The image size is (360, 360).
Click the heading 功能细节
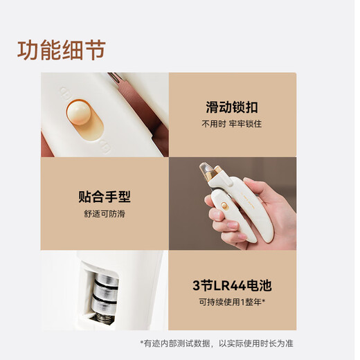62,50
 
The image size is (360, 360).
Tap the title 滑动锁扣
232,107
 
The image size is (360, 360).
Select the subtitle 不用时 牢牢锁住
232,124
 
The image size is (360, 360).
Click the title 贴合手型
105,197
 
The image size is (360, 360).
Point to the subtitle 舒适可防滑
105,214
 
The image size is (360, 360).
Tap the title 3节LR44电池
232,285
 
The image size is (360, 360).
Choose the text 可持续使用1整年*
232,302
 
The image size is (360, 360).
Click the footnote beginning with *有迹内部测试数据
217,343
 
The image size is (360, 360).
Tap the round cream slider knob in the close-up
79,113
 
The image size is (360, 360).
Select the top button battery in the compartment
107,280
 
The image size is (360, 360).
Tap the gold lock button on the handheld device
224,206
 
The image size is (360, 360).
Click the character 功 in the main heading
28,50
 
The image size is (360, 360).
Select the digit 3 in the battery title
196,286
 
